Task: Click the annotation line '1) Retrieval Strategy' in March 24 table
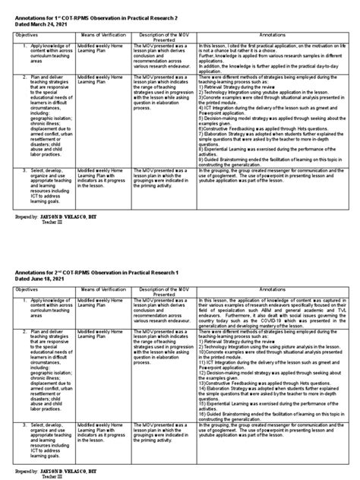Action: click(x=251, y=107)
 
